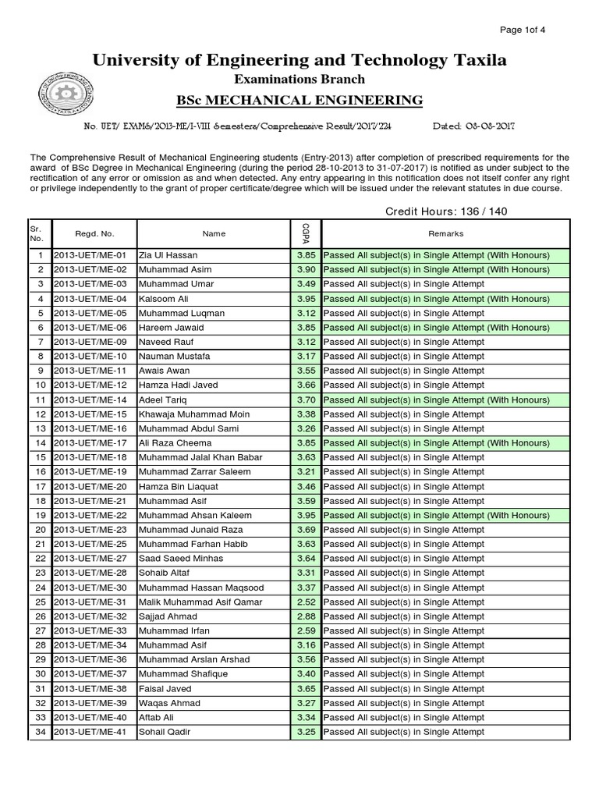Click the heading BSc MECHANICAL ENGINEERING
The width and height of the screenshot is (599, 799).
point(299,100)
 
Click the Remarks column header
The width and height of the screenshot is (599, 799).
point(445,233)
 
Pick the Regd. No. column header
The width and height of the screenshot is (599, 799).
point(94,233)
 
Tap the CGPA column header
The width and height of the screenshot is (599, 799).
point(305,233)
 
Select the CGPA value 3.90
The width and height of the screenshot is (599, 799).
point(305,269)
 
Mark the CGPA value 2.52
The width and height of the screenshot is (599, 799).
point(305,602)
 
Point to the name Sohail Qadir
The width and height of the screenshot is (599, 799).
point(164,732)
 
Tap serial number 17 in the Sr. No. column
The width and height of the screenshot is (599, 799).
point(41,487)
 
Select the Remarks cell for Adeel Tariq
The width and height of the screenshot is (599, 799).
point(436,399)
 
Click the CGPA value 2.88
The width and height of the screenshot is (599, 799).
point(305,616)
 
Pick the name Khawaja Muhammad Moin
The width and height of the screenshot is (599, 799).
point(193,414)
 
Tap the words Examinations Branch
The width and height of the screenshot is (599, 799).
point(299,79)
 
